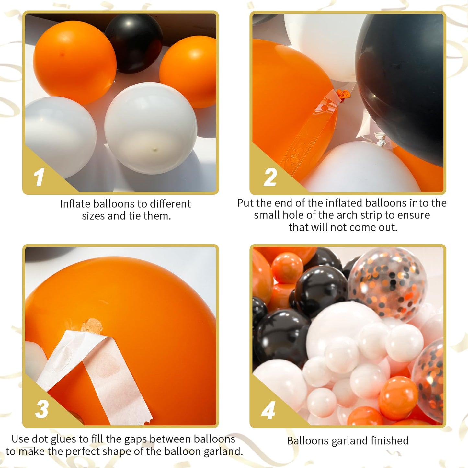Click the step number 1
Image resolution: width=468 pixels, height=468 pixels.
click(x=39, y=177)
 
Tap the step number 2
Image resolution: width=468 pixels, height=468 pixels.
click(x=270, y=177)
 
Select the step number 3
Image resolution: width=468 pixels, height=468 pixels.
click(x=42, y=409)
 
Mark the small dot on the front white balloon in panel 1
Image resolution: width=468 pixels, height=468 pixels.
click(x=155, y=149)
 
